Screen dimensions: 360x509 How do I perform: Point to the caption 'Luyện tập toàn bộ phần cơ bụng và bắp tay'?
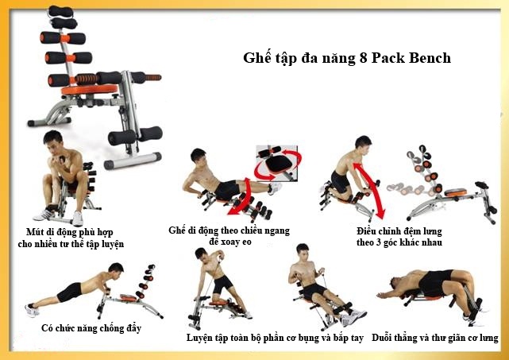tap(275, 338)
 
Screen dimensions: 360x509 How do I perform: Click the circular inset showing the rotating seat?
tap(277, 164)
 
